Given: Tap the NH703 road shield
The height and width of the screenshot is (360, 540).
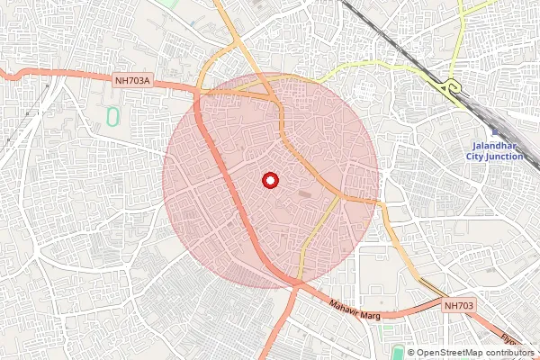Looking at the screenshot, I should click(x=459, y=307).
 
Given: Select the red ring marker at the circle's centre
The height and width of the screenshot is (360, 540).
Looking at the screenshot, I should click(x=269, y=180).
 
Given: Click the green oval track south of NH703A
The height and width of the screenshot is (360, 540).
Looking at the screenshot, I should click(x=112, y=117).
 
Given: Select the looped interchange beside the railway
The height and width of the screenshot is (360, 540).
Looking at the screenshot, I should click(x=450, y=86).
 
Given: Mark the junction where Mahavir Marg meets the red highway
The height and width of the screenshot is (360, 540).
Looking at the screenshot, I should click(x=295, y=285).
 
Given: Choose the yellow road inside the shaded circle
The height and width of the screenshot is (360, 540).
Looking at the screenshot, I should click(x=319, y=234).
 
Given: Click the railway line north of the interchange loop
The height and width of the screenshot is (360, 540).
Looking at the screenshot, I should click(x=378, y=27).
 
